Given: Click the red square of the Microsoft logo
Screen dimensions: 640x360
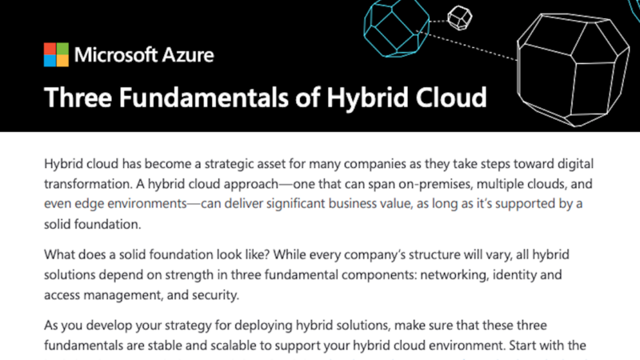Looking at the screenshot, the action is tap(50, 49).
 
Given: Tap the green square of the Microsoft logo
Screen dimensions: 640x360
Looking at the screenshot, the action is tap(62, 49).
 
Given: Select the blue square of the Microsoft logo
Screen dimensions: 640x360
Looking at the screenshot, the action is tap(50, 61).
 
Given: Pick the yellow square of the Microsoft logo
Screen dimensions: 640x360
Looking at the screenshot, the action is tap(62, 61).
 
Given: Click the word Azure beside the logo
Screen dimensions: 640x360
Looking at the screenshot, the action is tap(188, 55).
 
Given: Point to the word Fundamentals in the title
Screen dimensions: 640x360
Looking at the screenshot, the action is tap(203, 98).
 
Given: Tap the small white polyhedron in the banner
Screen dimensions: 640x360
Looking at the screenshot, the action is tap(459, 18).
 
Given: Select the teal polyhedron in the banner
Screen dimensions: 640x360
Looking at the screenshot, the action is tap(396, 29).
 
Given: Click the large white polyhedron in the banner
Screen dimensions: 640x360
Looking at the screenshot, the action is tap(573, 70).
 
